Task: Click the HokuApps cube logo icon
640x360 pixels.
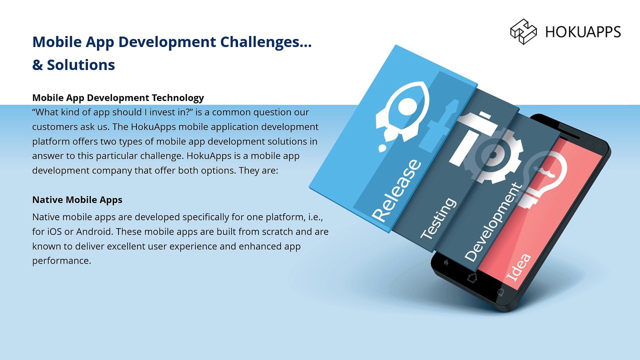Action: [523, 31]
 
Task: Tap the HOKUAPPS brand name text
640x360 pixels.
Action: [583, 31]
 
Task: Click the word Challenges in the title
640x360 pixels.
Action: [266, 42]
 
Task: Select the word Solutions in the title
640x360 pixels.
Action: [81, 65]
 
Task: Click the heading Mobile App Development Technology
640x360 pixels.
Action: [118, 97]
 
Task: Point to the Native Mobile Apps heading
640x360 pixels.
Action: [77, 199]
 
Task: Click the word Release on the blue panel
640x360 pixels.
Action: [396, 190]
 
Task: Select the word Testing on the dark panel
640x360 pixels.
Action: [438, 218]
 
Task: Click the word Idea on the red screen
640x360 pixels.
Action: [518, 267]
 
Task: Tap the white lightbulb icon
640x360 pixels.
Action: [543, 179]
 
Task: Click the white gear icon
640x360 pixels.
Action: [493, 154]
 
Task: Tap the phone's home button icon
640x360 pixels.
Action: [471, 277]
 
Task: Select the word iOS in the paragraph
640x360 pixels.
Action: [54, 231]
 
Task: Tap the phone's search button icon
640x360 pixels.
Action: [500, 292]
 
